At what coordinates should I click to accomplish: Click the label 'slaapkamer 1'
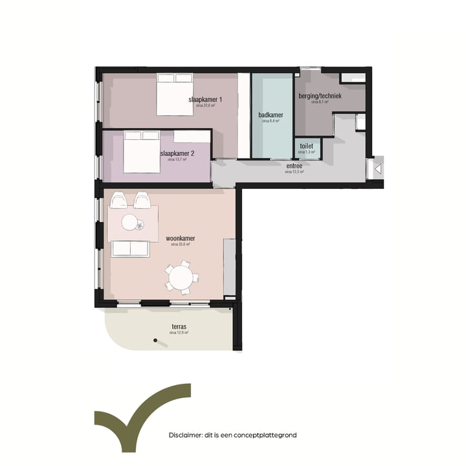pos(205,99)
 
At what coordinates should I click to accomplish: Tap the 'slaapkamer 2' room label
pos(177,153)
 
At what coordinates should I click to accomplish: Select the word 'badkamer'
pos(271,115)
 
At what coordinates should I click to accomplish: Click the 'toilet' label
pos(306,146)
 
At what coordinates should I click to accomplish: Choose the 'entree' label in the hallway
pos(294,166)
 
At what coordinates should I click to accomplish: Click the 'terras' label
pos(179,327)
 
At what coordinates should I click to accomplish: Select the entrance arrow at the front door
pos(378,168)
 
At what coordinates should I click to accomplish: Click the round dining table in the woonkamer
pos(180,279)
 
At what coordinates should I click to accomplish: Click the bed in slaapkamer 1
pos(174,94)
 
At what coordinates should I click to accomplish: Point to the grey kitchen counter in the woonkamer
pos(229,266)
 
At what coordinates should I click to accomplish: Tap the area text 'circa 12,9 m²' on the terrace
pos(179,333)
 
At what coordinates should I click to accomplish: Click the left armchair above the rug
pos(119,201)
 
